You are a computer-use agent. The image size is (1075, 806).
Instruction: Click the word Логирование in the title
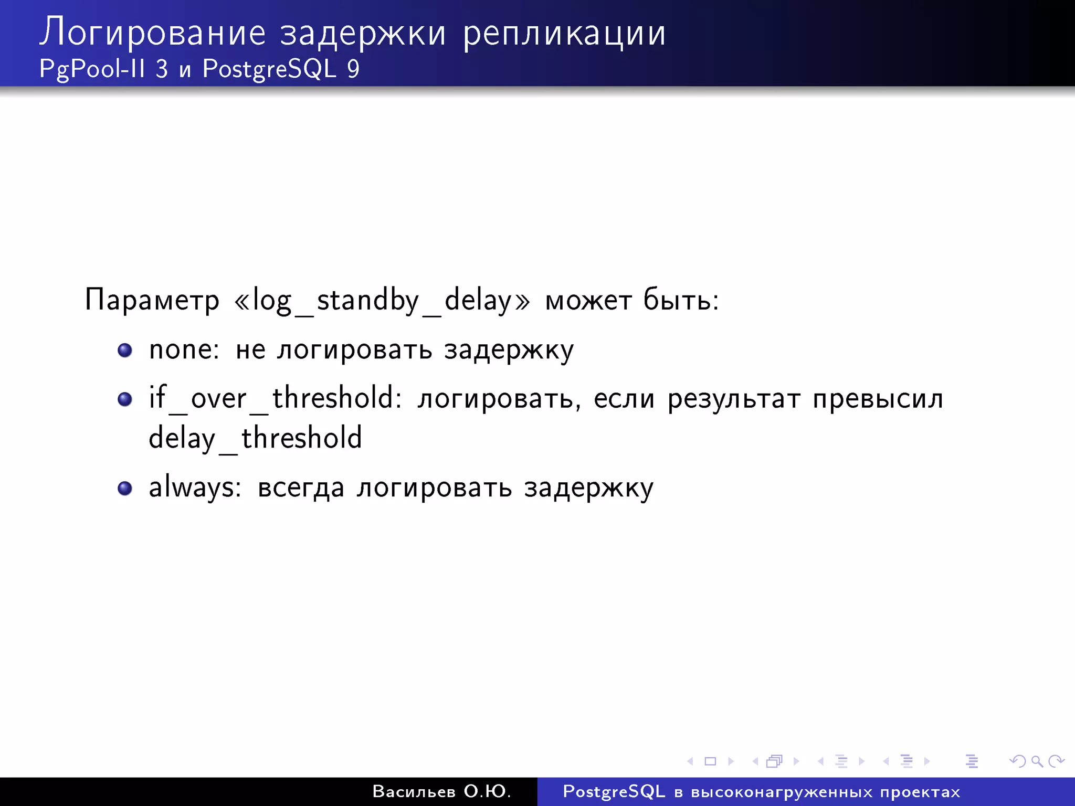pyautogui.click(x=152, y=33)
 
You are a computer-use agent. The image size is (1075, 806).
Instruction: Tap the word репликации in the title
pyautogui.click(x=564, y=33)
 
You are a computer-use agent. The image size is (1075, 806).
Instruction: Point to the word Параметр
pyautogui.click(x=152, y=300)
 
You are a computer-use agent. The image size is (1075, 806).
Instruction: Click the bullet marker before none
pyautogui.click(x=125, y=350)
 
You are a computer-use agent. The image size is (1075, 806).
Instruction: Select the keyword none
pyautogui.click(x=183, y=350)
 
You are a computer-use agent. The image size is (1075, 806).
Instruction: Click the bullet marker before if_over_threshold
pyautogui.click(x=125, y=399)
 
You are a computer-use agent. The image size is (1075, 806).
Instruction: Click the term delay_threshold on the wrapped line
pyautogui.click(x=255, y=439)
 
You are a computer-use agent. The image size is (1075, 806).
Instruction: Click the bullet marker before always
pyautogui.click(x=125, y=489)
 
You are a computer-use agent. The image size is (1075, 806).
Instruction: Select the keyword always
pyautogui.click(x=194, y=487)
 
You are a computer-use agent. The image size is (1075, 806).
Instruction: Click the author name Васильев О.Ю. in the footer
pyautogui.click(x=441, y=791)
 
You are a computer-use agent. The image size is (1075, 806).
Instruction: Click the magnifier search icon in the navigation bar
pyautogui.click(x=1037, y=761)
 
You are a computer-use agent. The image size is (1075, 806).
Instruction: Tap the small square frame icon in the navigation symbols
pyautogui.click(x=710, y=761)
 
